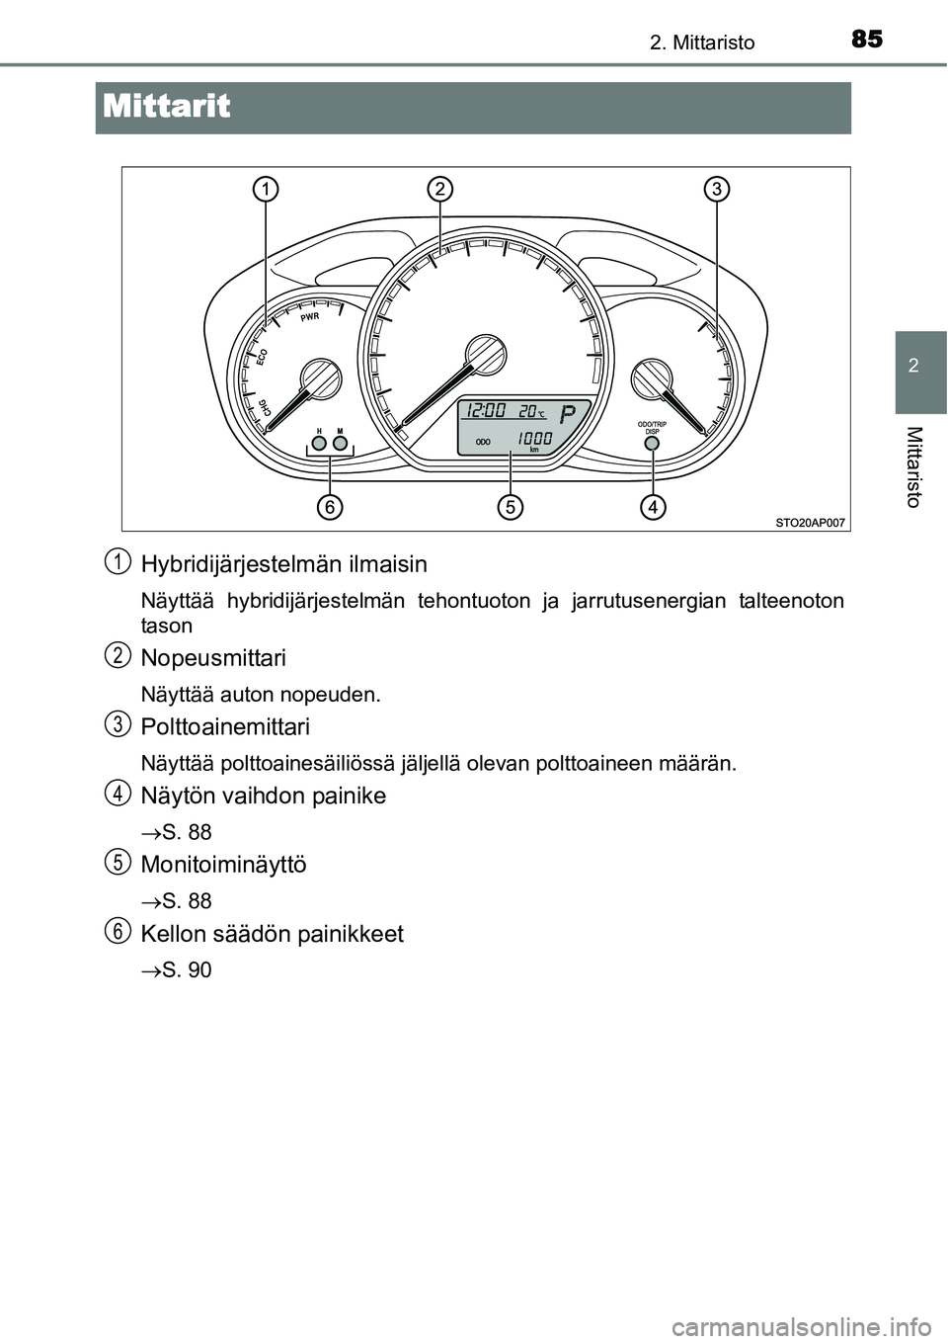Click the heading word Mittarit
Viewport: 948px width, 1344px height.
(x=165, y=107)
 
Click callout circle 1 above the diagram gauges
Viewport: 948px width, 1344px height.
(x=265, y=188)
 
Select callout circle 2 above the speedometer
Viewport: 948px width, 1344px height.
(x=440, y=188)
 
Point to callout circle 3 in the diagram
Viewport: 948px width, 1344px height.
(x=717, y=188)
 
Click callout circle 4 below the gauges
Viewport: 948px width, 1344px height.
(x=652, y=507)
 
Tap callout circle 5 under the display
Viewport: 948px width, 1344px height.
(x=510, y=507)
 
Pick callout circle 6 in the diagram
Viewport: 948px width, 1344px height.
(x=330, y=507)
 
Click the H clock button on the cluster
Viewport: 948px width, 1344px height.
(x=319, y=444)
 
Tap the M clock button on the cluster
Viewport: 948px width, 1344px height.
(x=340, y=444)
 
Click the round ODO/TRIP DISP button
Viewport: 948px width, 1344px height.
(x=652, y=443)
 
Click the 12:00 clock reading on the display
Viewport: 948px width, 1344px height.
(x=487, y=411)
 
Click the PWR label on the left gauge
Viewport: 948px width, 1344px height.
(x=309, y=319)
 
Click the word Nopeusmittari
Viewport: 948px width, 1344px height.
(x=213, y=657)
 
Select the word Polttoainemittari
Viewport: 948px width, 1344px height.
(x=225, y=726)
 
